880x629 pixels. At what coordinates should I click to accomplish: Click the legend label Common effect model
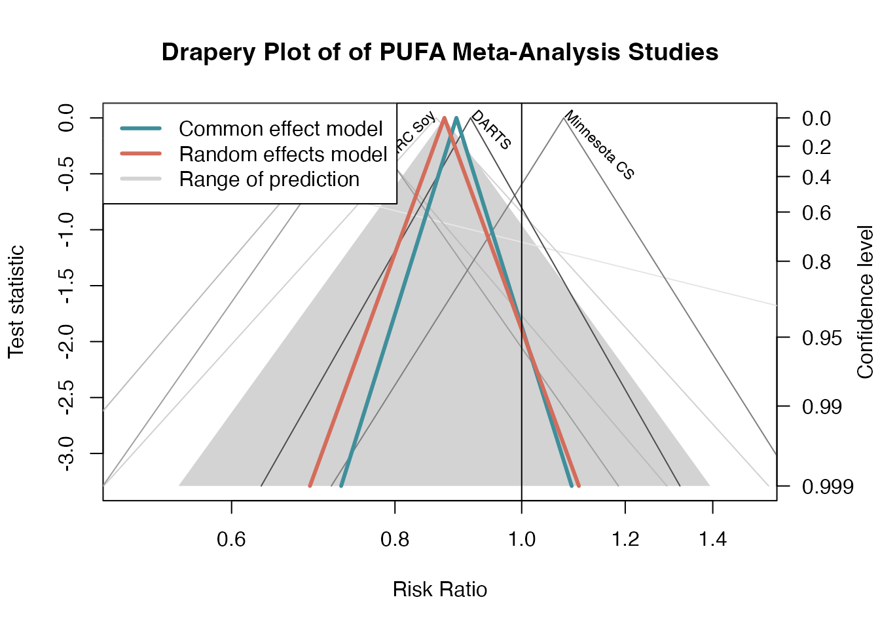(x=280, y=129)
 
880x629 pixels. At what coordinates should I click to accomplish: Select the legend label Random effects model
(x=283, y=155)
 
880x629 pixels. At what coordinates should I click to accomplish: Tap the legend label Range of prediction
(x=269, y=180)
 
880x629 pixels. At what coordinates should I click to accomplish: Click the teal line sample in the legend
(x=141, y=129)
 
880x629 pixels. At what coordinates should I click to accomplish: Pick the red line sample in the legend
(x=141, y=154)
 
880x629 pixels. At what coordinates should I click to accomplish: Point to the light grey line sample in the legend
(x=141, y=179)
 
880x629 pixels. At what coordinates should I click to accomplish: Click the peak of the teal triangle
(x=456, y=118)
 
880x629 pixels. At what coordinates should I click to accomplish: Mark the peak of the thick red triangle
(x=445, y=118)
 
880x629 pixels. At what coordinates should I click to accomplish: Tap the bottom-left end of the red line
(x=310, y=486)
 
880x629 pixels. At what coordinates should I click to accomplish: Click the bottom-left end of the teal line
(x=341, y=486)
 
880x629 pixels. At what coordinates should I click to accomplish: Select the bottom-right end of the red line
(x=579, y=486)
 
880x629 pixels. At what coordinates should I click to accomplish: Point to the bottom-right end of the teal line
(x=572, y=486)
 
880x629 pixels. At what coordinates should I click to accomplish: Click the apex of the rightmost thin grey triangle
(x=564, y=118)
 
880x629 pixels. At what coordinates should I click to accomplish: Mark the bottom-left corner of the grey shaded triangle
(x=179, y=486)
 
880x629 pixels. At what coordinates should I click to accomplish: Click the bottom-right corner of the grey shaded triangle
(x=710, y=486)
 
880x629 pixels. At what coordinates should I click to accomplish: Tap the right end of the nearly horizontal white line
(x=775, y=305)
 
